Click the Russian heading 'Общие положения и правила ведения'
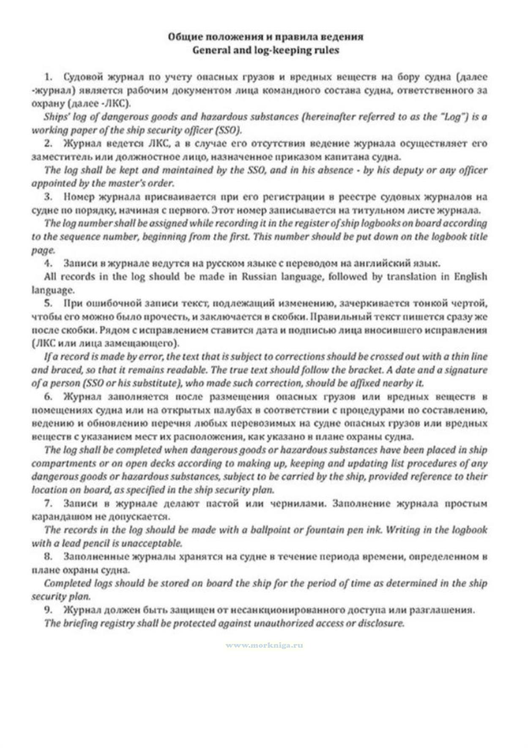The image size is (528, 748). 265,37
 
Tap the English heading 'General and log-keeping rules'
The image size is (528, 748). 265,50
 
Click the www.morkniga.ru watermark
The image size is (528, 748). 264,645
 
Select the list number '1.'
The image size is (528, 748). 49,77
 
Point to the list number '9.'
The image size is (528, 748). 49,610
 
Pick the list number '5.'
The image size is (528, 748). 49,303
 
